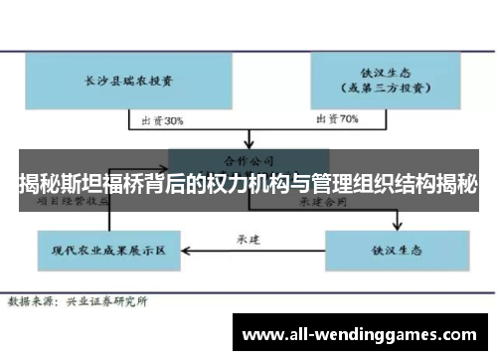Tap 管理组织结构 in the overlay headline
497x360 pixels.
pyautogui.click(x=372, y=184)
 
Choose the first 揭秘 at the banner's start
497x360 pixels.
pyautogui.click(x=37, y=184)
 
